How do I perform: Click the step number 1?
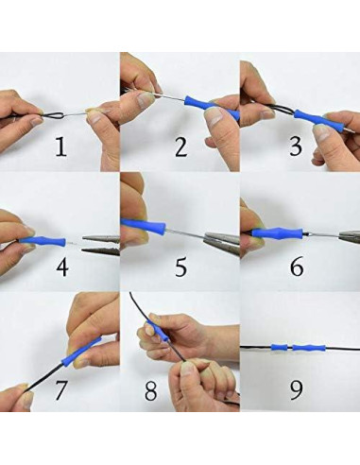coord(61,147)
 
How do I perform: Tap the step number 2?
coord(180,147)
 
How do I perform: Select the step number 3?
coord(296,146)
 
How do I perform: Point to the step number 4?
coord(62,267)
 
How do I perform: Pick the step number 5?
coord(180,267)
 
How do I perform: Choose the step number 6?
coord(297,267)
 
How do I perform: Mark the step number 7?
coord(61,390)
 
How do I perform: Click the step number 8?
coord(150,391)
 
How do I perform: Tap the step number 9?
coord(296,390)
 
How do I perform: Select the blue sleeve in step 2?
coord(212,108)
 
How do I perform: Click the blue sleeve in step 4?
coord(42,241)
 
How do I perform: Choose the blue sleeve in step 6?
coord(278,233)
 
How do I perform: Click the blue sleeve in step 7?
coord(81,352)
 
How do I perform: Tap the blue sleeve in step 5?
coord(144,226)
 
